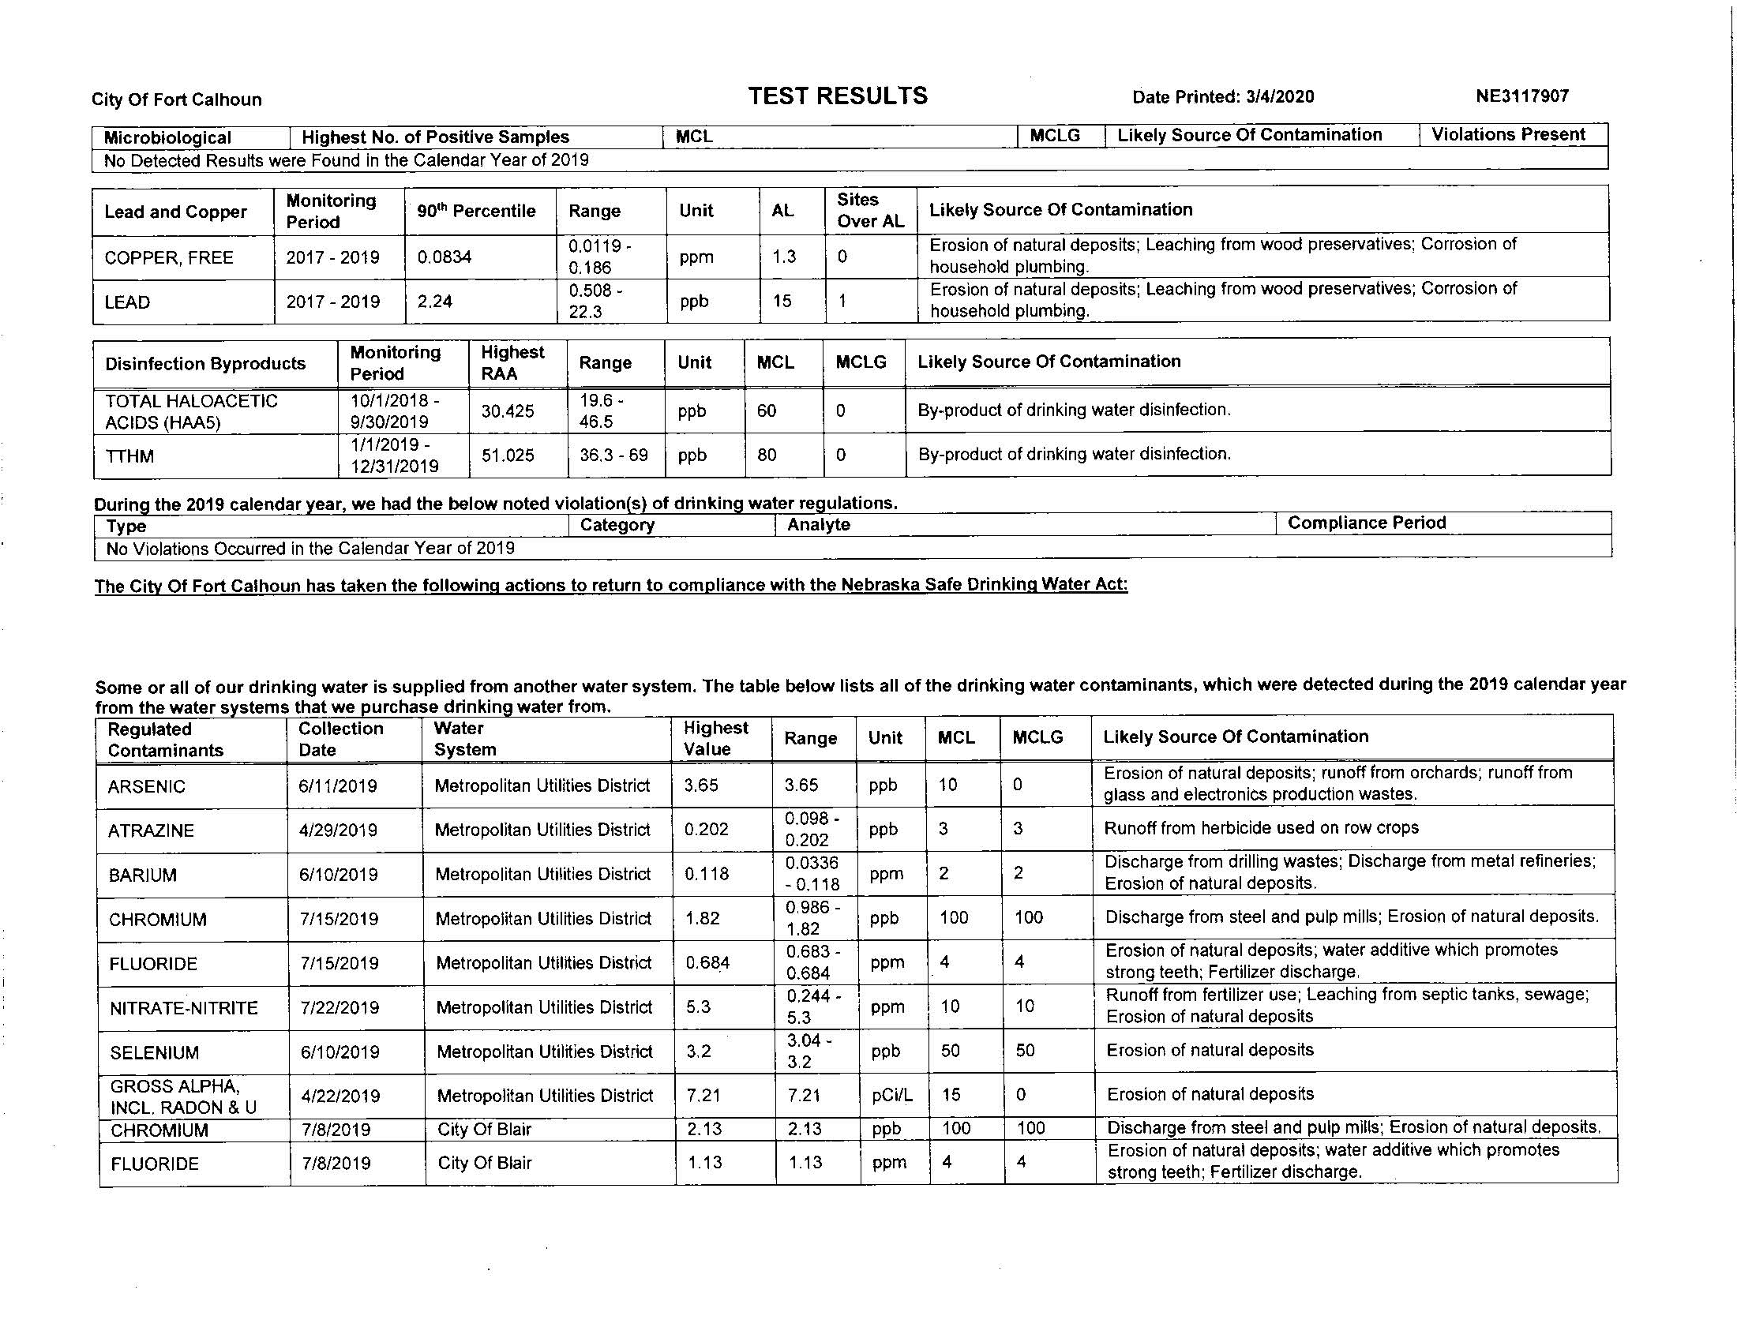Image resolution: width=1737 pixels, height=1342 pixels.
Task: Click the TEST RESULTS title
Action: click(x=838, y=96)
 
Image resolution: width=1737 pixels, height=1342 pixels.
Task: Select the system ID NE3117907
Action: click(x=1521, y=96)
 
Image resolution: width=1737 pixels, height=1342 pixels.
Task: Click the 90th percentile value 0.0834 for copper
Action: click(x=444, y=257)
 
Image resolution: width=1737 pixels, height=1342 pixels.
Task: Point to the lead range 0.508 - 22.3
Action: click(x=595, y=302)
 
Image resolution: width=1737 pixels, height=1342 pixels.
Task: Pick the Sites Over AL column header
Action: click(x=870, y=210)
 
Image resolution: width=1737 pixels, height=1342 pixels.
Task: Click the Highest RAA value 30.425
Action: click(x=508, y=411)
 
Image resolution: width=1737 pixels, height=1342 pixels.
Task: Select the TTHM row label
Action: click(x=129, y=456)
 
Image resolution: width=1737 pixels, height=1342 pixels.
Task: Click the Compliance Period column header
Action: click(x=1367, y=523)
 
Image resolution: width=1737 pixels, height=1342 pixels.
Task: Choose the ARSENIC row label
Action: click(x=146, y=786)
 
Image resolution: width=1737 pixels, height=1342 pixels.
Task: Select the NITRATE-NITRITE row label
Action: click(x=184, y=1008)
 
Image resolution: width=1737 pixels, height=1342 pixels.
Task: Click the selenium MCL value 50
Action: click(x=951, y=1050)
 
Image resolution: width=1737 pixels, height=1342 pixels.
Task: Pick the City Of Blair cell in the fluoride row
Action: click(x=484, y=1163)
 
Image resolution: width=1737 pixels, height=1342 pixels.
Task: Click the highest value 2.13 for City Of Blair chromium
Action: click(x=703, y=1129)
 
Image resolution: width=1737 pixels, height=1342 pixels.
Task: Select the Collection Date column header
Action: click(x=340, y=739)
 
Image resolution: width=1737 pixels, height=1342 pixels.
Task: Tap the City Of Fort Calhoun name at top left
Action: click(x=176, y=99)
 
